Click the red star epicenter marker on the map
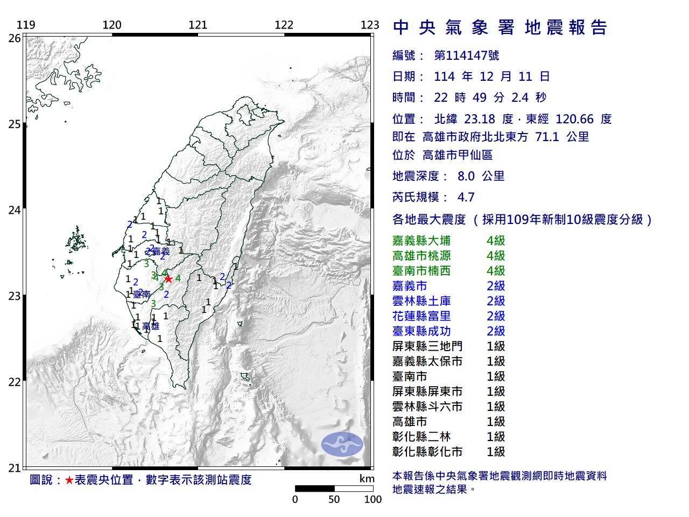point(168,278)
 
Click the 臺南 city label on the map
point(142,295)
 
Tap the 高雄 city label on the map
point(151,326)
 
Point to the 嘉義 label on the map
point(160,251)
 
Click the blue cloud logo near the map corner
point(342,444)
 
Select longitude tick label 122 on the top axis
point(284,25)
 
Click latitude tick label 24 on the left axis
point(14,210)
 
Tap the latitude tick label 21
point(14,468)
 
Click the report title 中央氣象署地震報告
point(500,27)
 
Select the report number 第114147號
point(466,55)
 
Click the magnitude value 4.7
point(466,197)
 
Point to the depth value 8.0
point(466,176)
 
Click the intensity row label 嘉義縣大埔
point(421,241)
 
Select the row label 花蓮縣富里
point(421,316)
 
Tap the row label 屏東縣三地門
point(427,346)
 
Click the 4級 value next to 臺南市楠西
point(496,271)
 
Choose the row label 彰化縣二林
point(421,437)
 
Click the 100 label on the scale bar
point(372,499)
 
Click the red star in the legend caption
point(69,480)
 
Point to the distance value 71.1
point(547,137)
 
